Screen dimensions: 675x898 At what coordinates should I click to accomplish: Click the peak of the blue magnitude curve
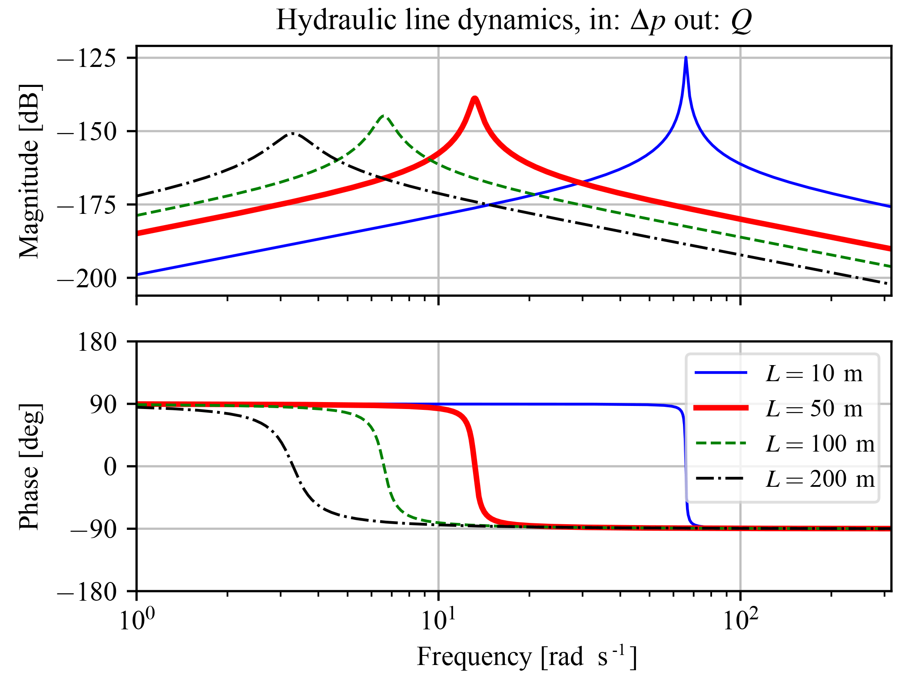point(686,58)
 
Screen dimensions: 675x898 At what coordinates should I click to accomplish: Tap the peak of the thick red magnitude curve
point(475,99)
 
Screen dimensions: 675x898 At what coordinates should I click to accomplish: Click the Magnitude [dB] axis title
point(30,170)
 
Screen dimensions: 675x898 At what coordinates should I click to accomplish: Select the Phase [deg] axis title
point(30,466)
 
